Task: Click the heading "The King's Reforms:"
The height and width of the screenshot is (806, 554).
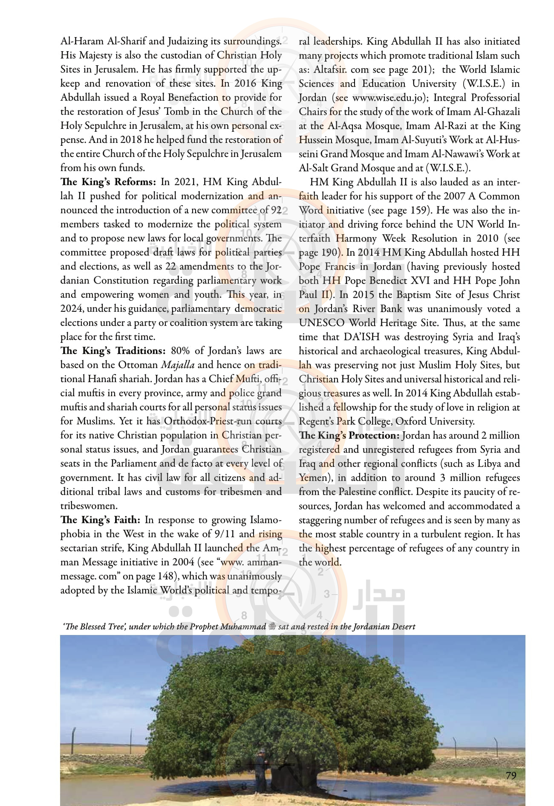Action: (108, 182)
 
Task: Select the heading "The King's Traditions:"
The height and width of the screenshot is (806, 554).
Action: (113, 351)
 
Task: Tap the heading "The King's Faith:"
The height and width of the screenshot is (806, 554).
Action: (100, 520)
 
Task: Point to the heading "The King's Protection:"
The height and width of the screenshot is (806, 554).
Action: (349, 435)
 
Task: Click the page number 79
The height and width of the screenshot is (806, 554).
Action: (511, 775)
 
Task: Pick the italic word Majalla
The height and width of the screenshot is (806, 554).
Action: (178, 365)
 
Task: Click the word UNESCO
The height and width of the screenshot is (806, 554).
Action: (321, 323)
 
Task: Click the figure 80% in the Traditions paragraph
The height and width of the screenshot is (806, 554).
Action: (180, 351)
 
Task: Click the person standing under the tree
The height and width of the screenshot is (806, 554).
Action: (261, 768)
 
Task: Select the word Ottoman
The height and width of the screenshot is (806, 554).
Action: (138, 365)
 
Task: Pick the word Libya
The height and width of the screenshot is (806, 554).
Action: (489, 464)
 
